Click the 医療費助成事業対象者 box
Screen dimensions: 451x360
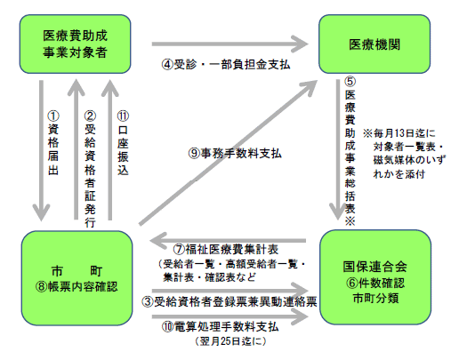[75, 44]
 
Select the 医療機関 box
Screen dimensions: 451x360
[374, 44]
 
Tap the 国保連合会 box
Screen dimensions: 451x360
[375, 277]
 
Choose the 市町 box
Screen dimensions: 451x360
[77, 278]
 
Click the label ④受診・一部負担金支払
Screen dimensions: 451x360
[226, 65]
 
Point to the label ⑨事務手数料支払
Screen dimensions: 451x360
[235, 154]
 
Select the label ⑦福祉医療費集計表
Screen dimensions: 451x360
[226, 250]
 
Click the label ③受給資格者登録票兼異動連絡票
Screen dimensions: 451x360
[230, 302]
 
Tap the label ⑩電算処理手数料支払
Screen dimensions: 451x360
[220, 327]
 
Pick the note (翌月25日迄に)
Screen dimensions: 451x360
[230, 341]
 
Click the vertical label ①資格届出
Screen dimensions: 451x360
[53, 143]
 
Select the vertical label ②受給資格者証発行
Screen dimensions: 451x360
[90, 169]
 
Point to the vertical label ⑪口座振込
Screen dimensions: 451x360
[123, 143]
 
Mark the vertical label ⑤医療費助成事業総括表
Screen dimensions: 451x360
[350, 151]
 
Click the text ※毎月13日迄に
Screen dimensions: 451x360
[399, 133]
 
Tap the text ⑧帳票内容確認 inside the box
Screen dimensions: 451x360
[77, 286]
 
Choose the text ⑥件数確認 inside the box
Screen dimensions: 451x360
[375, 283]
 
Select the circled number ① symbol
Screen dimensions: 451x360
[53, 116]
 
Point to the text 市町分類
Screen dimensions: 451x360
[375, 298]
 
